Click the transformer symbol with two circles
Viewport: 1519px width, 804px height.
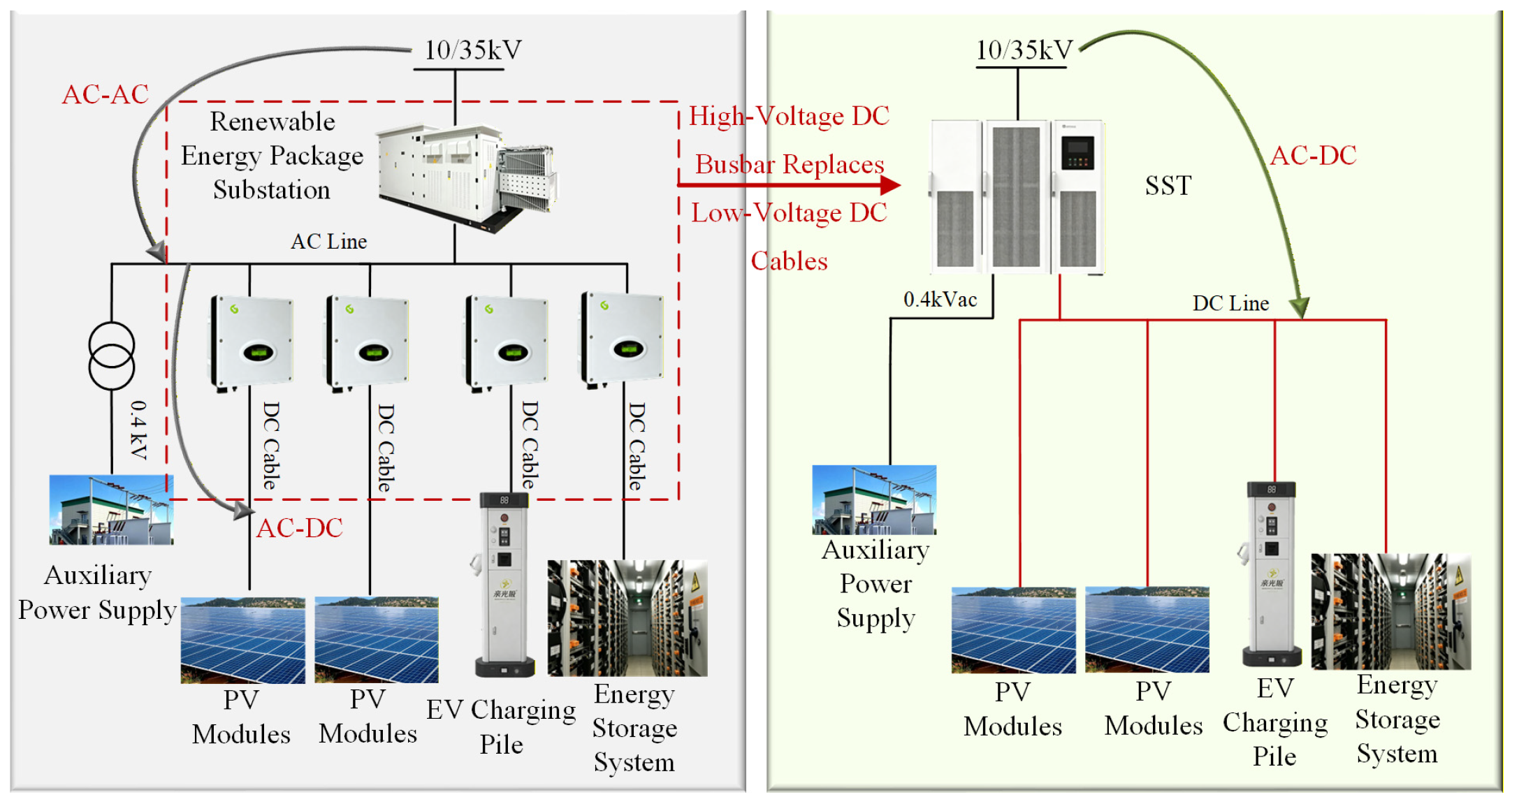coord(112,356)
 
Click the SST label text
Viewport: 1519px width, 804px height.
coord(1168,186)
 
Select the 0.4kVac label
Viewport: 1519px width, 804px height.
coord(940,300)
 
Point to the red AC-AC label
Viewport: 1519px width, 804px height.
coord(106,94)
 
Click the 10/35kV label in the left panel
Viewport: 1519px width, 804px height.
coord(473,50)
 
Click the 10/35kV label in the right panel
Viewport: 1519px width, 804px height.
coord(1024,50)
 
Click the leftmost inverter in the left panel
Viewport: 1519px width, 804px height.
coord(252,343)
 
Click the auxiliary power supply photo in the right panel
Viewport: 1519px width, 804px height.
coord(874,500)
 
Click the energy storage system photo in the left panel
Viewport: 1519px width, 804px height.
coord(627,618)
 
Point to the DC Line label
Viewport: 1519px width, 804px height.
coord(1230,304)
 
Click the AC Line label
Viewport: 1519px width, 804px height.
coord(329,242)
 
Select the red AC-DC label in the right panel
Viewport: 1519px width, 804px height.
coord(1313,156)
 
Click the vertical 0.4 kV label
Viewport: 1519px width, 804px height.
coord(139,430)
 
